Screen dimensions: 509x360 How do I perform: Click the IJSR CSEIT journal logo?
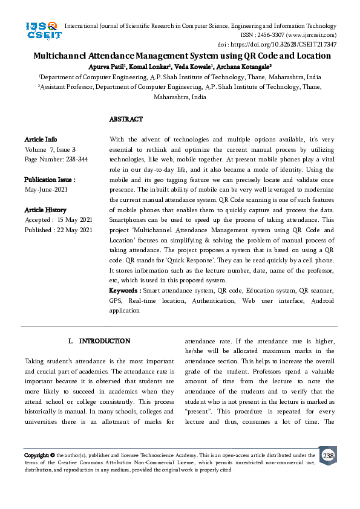41,30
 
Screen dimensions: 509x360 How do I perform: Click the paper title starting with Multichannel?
182,56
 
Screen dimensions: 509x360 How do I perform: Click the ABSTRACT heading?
126,120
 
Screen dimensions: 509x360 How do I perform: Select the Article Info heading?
41,139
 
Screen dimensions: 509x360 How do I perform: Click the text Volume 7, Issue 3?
50,149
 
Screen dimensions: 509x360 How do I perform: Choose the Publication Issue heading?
50,180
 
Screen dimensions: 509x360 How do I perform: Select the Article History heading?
45,210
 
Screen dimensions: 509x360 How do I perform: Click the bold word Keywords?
125,291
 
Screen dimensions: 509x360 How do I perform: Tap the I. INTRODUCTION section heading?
99,341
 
